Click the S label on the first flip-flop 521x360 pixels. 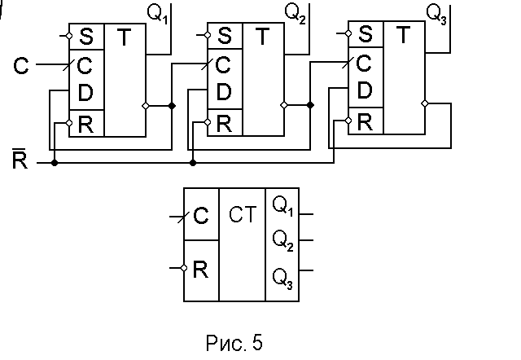tap(85, 37)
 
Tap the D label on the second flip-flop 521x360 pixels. tap(85, 92)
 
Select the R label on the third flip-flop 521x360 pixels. tap(366, 121)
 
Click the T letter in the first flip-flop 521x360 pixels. tap(125, 37)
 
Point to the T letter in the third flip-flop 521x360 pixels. tap(404, 34)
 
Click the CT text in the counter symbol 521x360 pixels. tap(243, 216)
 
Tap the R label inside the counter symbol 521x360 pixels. tap(201, 269)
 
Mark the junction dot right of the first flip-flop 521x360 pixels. tap(172, 106)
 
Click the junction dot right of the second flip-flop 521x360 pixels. tap(310, 106)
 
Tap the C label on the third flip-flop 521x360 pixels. tap(366, 63)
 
